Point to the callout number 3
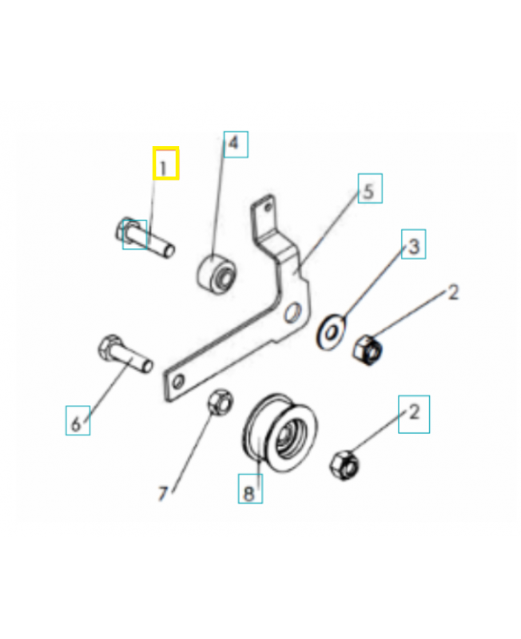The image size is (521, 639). pos(413,246)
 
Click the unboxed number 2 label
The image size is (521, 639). pos(452,293)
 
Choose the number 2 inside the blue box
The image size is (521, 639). pos(414,413)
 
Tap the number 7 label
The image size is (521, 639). pos(162,494)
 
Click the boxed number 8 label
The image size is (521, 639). pos(249,489)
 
